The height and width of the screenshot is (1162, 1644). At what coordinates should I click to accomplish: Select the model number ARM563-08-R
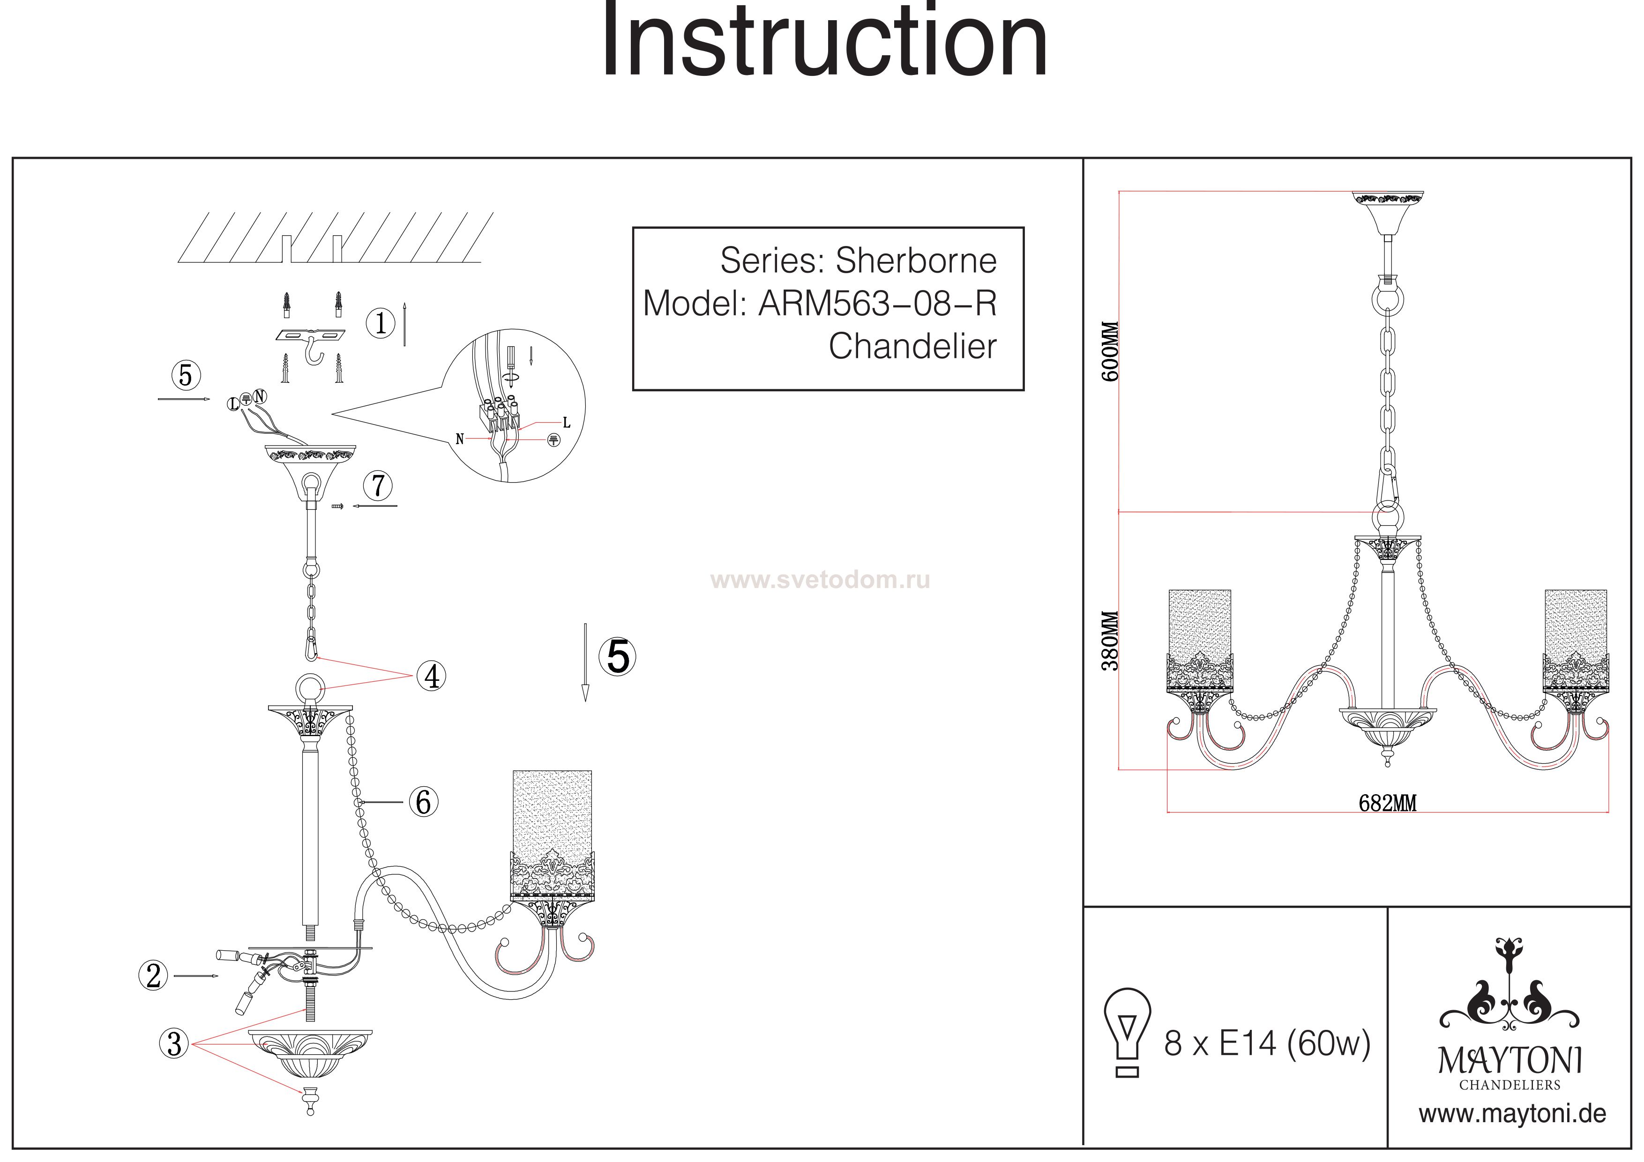pos(877,304)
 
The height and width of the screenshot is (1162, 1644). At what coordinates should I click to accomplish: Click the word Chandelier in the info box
pos(912,347)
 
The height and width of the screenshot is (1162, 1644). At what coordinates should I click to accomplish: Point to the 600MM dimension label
pos(1110,351)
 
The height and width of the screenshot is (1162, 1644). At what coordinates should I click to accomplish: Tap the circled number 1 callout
pos(380,324)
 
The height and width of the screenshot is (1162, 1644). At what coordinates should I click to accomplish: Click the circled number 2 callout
pos(153,976)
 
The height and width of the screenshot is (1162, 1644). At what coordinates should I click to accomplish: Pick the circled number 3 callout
pos(174,1044)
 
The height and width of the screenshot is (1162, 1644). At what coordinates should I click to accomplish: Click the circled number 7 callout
pos(378,486)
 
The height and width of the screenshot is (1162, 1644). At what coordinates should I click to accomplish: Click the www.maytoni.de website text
pos(1512,1114)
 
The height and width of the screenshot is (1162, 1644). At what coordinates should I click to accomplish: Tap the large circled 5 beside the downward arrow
pos(618,656)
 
